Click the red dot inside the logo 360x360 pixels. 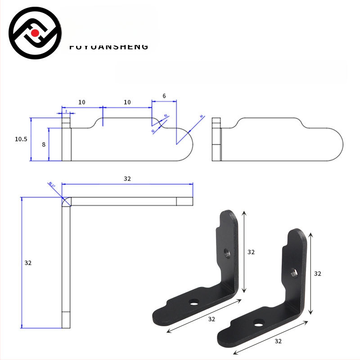click(x=35, y=33)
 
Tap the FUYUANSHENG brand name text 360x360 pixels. click(x=109, y=47)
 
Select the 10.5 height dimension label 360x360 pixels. click(x=21, y=139)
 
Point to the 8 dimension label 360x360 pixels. click(x=44, y=144)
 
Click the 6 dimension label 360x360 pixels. click(x=164, y=96)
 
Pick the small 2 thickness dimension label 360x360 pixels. click(x=66, y=111)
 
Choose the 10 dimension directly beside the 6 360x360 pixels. click(x=127, y=102)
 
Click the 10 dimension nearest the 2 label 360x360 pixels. click(x=81, y=102)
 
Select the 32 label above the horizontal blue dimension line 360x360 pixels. click(x=127, y=179)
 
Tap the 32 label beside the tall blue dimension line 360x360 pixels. click(x=28, y=262)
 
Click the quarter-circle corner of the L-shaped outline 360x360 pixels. click(x=66, y=202)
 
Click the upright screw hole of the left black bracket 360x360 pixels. click(x=227, y=253)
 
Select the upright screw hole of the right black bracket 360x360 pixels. click(x=295, y=272)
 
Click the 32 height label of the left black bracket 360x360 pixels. click(x=251, y=252)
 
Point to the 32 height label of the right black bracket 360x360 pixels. click(x=318, y=273)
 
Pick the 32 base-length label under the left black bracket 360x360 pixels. click(x=211, y=319)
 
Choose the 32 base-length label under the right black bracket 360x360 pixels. click(x=278, y=341)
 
